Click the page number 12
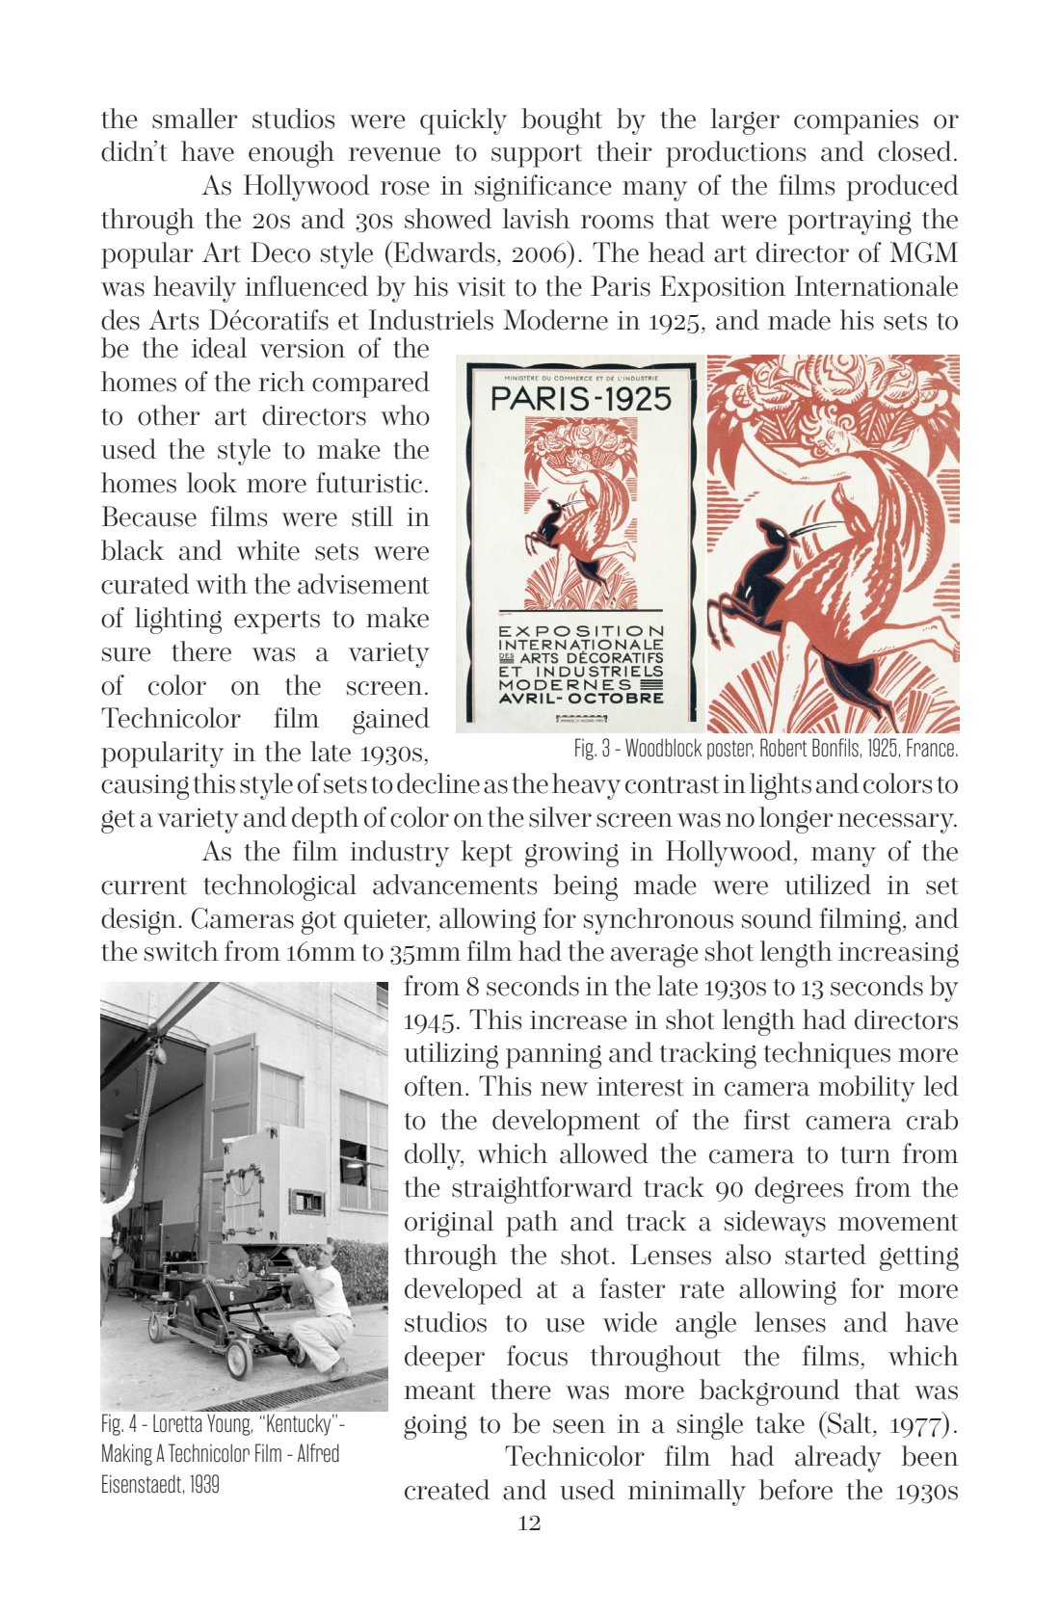pyautogui.click(x=529, y=1523)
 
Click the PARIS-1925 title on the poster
pyautogui.click(x=580, y=399)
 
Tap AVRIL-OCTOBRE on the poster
pyautogui.click(x=580, y=698)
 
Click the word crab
pyautogui.click(x=931, y=1122)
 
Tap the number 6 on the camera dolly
pyautogui.click(x=231, y=1298)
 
